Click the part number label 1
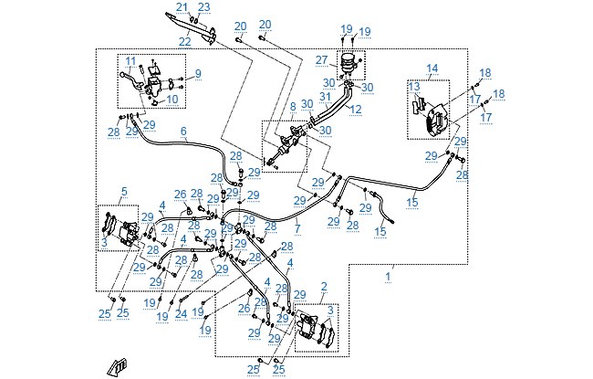click(388, 277)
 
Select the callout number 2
click(324, 287)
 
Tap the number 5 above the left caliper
click(124, 192)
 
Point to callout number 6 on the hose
click(183, 132)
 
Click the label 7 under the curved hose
click(297, 228)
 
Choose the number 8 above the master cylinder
click(293, 107)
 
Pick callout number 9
click(198, 74)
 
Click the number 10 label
click(172, 100)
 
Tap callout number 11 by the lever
click(130, 61)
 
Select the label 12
click(356, 109)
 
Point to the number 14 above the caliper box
click(432, 68)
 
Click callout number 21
click(182, 7)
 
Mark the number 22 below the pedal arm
click(184, 42)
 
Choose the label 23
click(203, 7)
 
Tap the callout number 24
click(182, 314)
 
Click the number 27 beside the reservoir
click(321, 60)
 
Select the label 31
click(326, 97)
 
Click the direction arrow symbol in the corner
click(117, 367)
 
